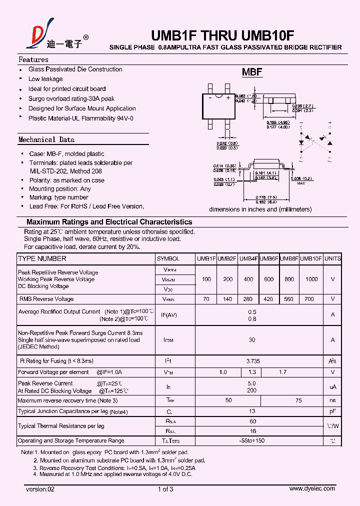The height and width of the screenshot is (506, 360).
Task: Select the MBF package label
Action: pos(252,72)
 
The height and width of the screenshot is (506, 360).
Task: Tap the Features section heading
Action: pos(33,59)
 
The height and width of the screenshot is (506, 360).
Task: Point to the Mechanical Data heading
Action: pos(46,140)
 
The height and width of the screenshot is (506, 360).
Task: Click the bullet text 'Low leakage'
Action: pos(45,79)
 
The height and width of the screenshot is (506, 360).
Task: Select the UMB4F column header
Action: pos(248,259)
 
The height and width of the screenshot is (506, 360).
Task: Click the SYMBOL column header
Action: pos(168,259)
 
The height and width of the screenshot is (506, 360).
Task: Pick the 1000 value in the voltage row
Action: pos(311,279)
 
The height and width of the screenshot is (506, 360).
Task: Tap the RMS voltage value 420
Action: pos(268,299)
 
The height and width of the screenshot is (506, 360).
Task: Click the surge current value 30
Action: pos(252,340)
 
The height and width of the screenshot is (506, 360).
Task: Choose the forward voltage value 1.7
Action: pos(283,372)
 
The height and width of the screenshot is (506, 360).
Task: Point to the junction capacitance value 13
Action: pos(252,411)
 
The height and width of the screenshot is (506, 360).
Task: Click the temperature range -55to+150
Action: pos(252,441)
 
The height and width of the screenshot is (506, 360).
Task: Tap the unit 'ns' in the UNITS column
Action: pos(332,401)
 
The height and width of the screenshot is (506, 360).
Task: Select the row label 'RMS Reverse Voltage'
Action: pos(46,299)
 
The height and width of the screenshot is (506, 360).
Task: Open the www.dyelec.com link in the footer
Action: pos(312,489)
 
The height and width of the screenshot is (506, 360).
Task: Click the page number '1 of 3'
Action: pos(165,489)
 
